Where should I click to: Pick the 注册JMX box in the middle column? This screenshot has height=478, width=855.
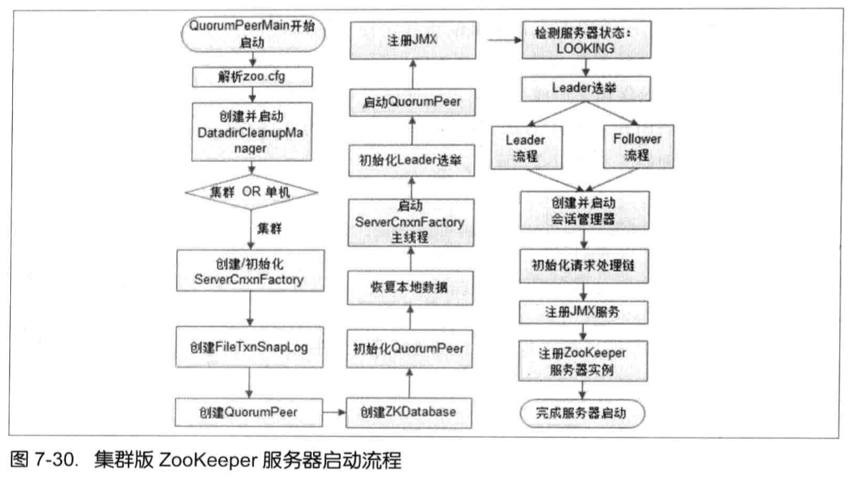(410, 39)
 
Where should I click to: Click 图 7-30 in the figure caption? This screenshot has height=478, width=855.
(37, 460)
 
